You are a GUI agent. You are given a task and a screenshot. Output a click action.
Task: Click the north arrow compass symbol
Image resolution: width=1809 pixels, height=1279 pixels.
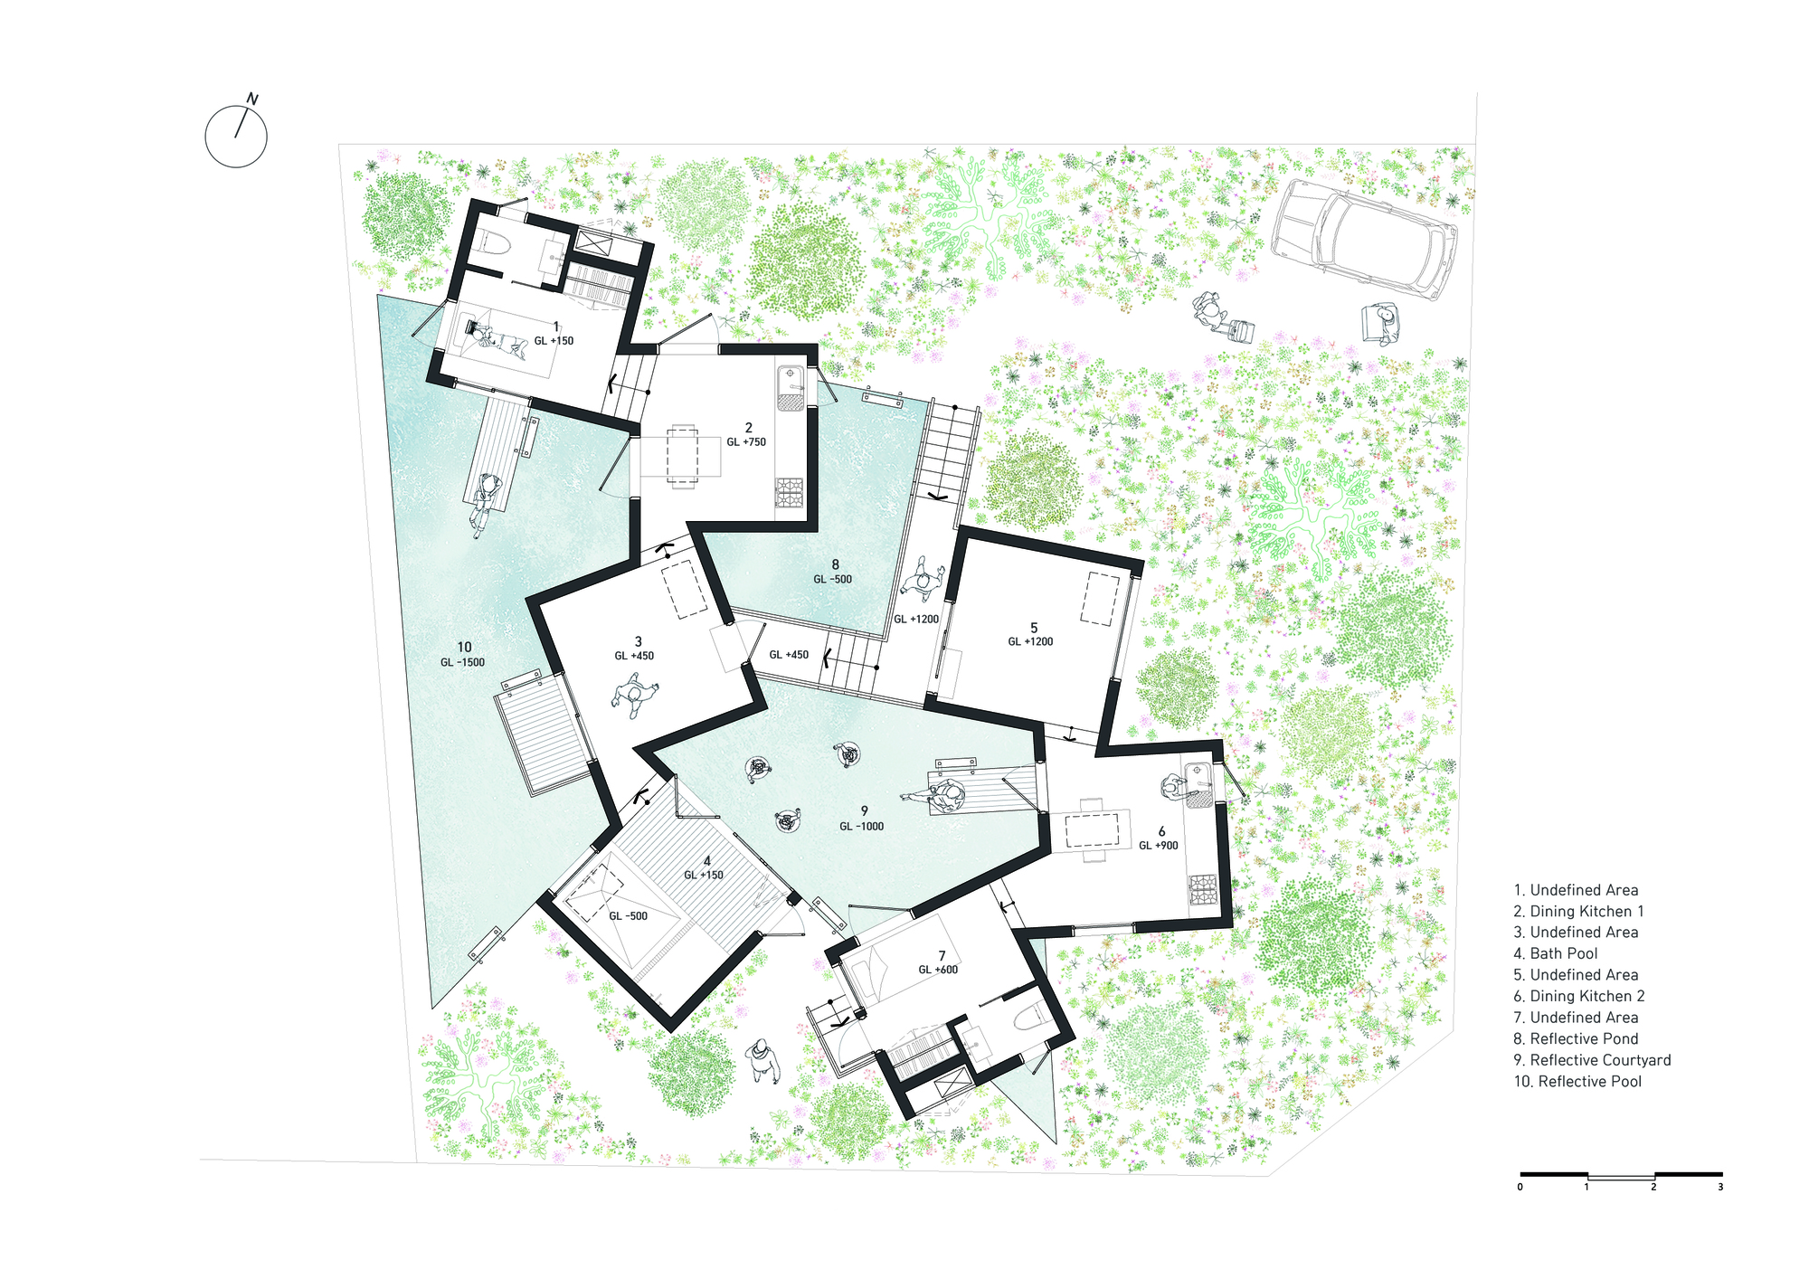point(236,136)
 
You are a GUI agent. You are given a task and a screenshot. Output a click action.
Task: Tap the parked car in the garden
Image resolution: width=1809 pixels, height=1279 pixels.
point(1367,238)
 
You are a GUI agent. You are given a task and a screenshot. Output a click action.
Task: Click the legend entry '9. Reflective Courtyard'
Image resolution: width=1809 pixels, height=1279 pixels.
point(1591,1060)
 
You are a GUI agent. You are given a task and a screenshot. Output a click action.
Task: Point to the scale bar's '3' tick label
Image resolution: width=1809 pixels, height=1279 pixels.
point(1720,1187)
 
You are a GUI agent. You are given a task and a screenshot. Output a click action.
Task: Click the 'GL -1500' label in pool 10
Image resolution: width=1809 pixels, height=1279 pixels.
point(462,662)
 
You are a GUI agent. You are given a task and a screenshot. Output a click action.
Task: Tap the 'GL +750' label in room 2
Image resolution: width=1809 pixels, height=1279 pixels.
point(746,442)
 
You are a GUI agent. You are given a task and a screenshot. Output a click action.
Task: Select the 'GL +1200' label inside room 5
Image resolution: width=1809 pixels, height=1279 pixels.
point(1030,641)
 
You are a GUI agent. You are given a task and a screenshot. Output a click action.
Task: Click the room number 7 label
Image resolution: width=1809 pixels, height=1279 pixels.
point(942,955)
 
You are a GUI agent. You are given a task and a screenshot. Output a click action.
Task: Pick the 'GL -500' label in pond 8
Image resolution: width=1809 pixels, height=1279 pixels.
point(832,579)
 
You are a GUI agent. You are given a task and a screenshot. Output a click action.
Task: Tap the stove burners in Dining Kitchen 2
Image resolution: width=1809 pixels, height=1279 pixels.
point(1203,887)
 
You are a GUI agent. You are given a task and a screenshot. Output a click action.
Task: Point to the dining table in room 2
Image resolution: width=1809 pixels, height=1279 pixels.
point(682,455)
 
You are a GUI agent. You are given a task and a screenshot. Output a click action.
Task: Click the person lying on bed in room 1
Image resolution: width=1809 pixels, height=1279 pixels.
point(496,338)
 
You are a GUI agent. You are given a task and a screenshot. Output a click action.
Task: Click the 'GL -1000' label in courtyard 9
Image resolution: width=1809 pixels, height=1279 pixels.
point(861,826)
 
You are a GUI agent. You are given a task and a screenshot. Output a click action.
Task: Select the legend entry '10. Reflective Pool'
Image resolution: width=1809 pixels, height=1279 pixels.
point(1577,1082)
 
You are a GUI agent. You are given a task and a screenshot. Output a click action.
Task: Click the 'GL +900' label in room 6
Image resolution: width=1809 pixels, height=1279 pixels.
point(1158,846)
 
